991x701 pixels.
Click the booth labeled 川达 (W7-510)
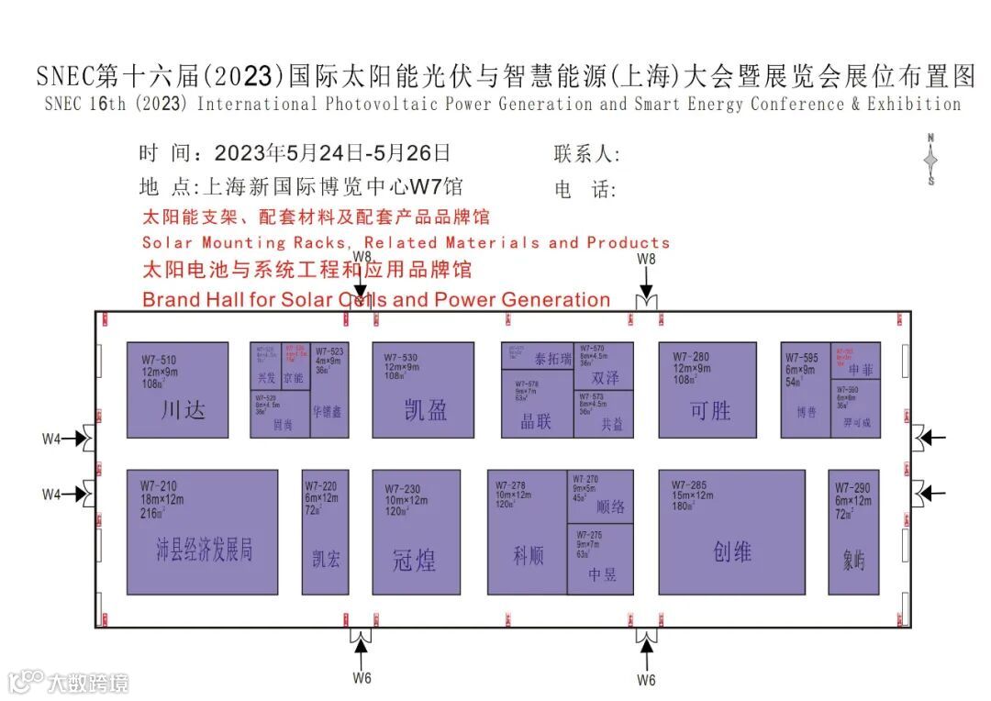click(177, 390)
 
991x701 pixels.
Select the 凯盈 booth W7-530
click(423, 390)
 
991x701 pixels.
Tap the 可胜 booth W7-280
click(707, 390)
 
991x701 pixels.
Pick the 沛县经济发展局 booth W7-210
click(202, 532)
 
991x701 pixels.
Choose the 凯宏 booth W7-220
click(326, 532)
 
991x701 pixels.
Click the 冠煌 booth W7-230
click(416, 532)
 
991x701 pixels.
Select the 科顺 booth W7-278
click(527, 532)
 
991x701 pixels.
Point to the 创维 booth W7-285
click(731, 532)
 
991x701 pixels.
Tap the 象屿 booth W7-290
click(853, 532)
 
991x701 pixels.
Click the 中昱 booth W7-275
click(600, 559)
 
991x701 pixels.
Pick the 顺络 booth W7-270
click(600, 496)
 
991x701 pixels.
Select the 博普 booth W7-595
click(806, 390)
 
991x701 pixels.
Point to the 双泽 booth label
click(606, 377)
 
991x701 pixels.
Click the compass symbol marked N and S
click(930, 160)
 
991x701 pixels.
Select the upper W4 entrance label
click(51, 439)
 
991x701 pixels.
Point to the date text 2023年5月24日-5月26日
click(332, 153)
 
